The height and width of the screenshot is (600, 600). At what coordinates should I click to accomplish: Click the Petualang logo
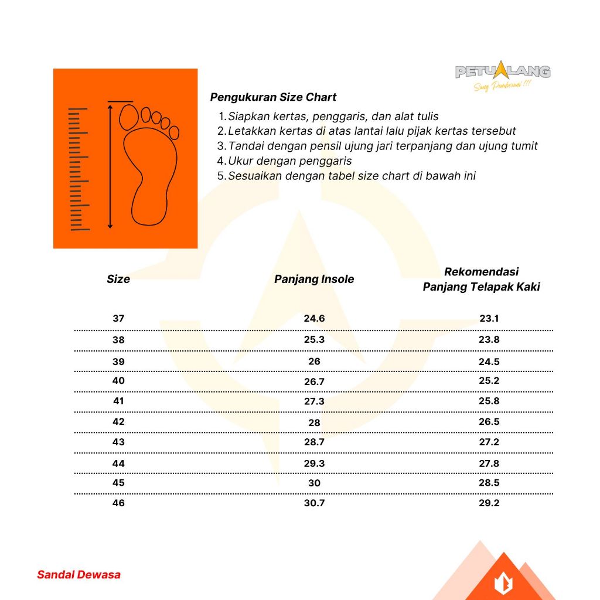(503, 73)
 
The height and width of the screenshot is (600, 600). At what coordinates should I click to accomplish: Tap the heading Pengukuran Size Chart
(273, 97)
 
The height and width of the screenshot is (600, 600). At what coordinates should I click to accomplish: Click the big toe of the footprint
(128, 117)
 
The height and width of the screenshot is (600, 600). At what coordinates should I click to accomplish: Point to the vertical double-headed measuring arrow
(110, 166)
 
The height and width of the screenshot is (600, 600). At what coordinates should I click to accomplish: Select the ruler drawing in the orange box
(79, 169)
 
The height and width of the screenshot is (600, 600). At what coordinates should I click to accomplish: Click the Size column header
(118, 279)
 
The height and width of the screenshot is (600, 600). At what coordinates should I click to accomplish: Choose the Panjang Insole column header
(314, 279)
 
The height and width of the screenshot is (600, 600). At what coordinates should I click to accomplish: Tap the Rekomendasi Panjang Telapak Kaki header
(482, 279)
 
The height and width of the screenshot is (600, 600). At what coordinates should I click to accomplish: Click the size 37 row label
(118, 319)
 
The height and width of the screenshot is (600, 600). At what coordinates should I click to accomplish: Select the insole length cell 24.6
(314, 319)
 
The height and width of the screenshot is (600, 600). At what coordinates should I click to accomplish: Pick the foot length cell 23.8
(489, 340)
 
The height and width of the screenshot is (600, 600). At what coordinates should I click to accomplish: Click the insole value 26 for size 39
(314, 362)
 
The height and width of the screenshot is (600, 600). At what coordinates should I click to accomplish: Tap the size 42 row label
(118, 422)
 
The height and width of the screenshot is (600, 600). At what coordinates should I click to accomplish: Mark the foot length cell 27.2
(489, 442)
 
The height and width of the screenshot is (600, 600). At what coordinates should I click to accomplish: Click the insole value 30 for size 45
(314, 483)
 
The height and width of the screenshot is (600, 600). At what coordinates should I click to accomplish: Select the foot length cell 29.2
(489, 503)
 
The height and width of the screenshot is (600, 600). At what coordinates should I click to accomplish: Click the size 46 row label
(118, 503)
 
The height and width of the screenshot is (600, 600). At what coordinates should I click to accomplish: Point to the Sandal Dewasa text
(79, 575)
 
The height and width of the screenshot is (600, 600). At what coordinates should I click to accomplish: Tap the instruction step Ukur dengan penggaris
(290, 161)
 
